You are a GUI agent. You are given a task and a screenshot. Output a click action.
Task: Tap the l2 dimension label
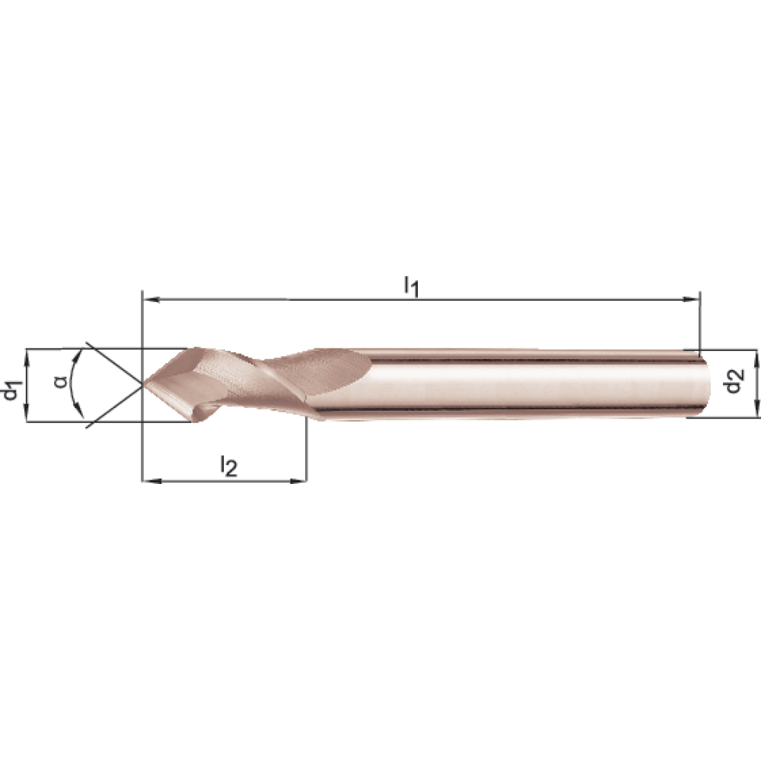[228, 466]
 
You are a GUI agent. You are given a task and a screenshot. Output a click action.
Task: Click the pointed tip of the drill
[143, 384]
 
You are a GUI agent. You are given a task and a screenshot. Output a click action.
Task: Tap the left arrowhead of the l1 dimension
[151, 300]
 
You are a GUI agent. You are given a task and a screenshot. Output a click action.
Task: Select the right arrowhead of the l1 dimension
[691, 300]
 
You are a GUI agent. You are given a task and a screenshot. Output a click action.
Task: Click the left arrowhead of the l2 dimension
[151, 481]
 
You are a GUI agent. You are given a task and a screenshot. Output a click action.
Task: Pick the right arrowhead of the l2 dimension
[298, 481]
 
